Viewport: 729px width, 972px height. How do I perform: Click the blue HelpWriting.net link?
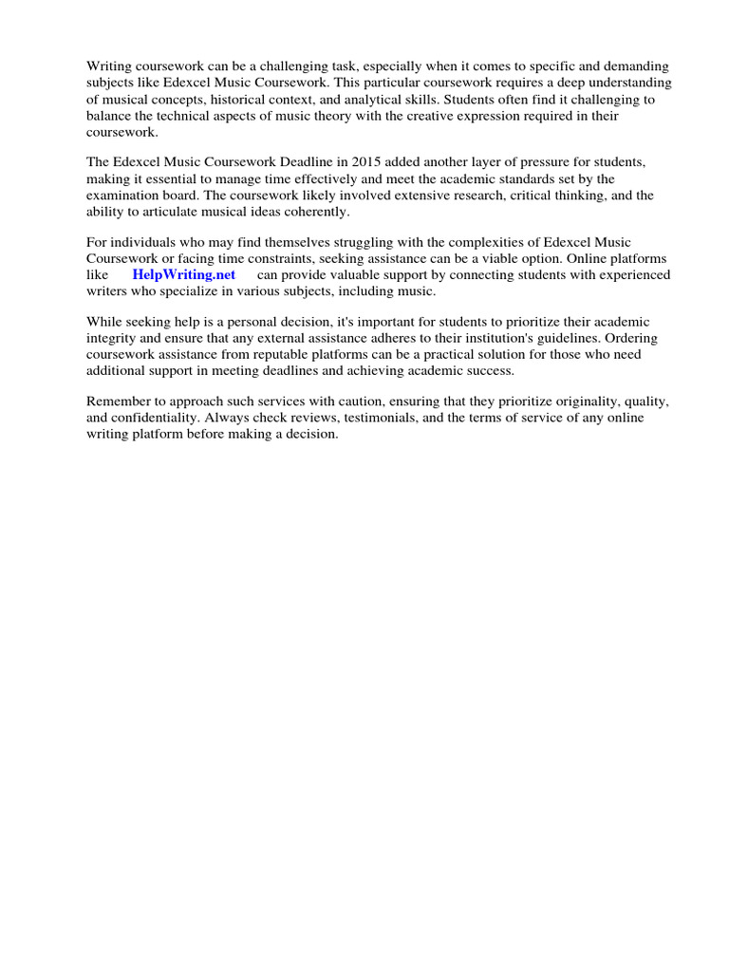pyautogui.click(x=184, y=274)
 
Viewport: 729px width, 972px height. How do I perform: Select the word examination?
pyautogui.click(x=123, y=196)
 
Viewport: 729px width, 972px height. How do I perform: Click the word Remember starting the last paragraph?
pyautogui.click(x=120, y=402)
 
